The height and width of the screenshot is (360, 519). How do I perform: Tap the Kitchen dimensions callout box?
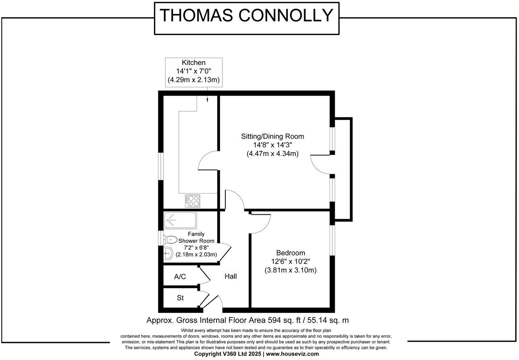pyautogui.click(x=193, y=72)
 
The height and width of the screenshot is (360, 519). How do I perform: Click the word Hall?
pyautogui.click(x=230, y=276)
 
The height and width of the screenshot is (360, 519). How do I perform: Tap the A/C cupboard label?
pyautogui.click(x=180, y=277)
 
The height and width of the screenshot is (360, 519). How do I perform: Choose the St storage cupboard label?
pyautogui.click(x=180, y=298)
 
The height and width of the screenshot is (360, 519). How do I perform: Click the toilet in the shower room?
pyautogui.click(x=170, y=240)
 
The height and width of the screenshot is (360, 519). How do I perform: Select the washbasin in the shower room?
pyautogui.click(x=168, y=252)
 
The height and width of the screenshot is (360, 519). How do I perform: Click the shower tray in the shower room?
pyautogui.click(x=180, y=219)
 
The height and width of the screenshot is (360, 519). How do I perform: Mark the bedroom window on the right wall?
pyautogui.click(x=332, y=241)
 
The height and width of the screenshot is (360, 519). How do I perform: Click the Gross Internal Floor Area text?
pyautogui.click(x=248, y=320)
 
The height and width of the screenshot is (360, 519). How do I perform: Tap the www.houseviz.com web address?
pyautogui.click(x=292, y=354)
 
